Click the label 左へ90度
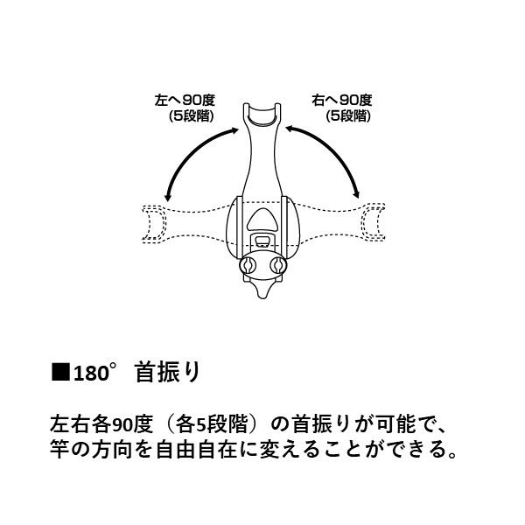185,100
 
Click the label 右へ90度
342,100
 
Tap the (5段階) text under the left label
191,115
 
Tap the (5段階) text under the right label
348,115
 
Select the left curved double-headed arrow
190,153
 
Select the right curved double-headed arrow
335,152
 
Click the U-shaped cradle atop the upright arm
262,115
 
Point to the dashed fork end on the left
154,224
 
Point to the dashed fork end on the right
373,221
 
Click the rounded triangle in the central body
262,220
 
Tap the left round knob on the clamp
248,265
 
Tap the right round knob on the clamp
278,265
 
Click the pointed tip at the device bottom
262,296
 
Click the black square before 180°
60,372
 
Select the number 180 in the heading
91,374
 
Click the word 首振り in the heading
168,373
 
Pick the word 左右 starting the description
70,423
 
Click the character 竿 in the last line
60,450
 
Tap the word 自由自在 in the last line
197,450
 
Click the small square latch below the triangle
262,241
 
